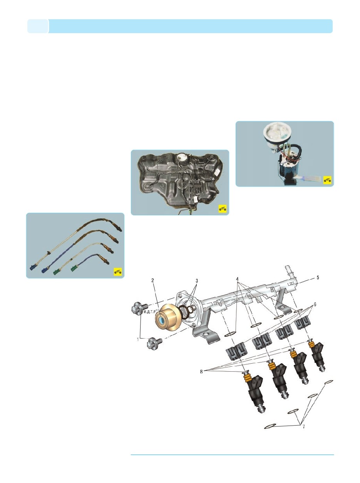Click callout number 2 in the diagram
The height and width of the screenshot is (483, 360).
[x=152, y=280]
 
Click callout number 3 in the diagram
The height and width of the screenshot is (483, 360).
[x=197, y=281]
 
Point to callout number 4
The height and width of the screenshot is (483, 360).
[x=237, y=279]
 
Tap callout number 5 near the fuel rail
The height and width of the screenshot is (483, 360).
[x=318, y=278]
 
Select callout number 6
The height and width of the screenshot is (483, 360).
[x=315, y=305]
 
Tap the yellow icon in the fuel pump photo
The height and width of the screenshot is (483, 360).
[x=327, y=180]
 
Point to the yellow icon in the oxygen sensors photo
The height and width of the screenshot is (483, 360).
[x=118, y=272]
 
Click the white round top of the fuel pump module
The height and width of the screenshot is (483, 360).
[x=276, y=133]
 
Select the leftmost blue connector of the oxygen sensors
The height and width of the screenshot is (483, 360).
[x=33, y=267]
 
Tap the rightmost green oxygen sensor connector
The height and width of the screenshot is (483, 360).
[x=74, y=268]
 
